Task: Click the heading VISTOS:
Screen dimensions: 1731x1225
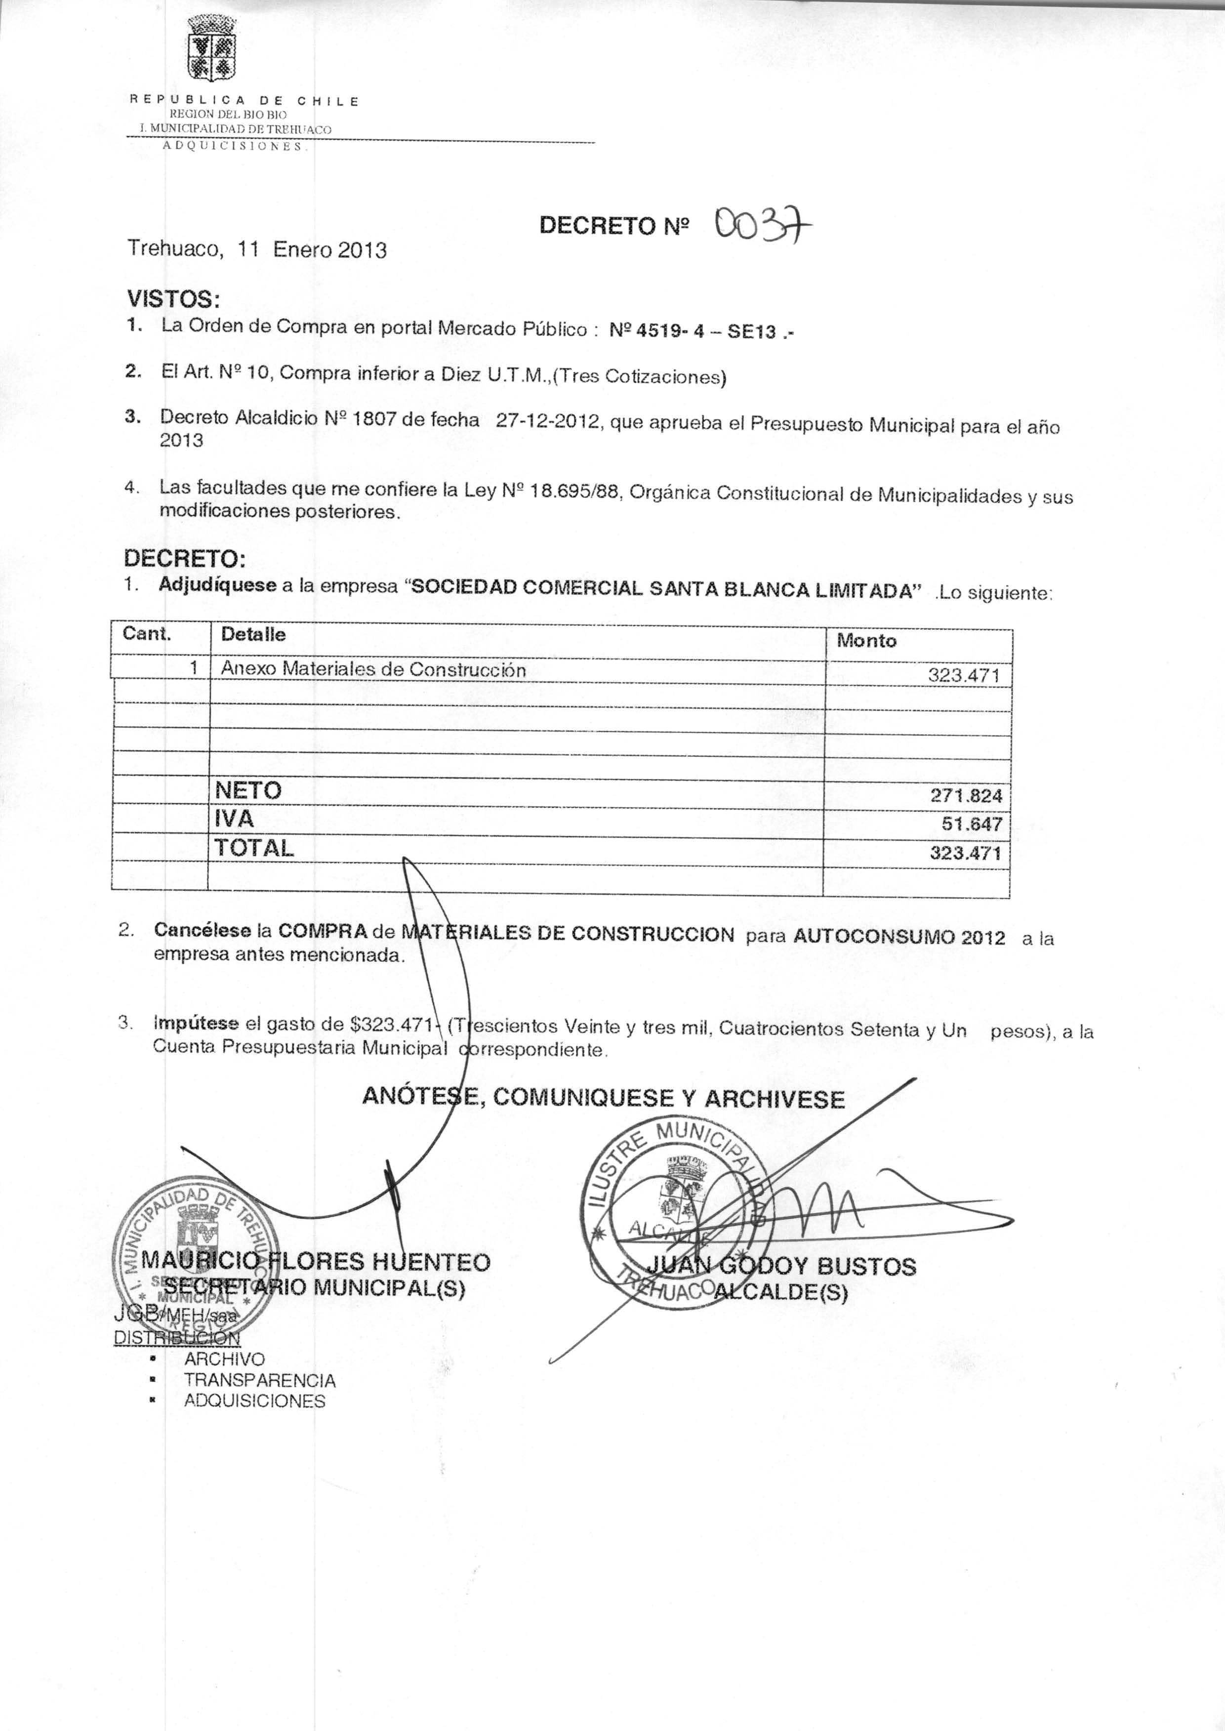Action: [173, 299]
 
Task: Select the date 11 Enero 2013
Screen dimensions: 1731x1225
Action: [312, 249]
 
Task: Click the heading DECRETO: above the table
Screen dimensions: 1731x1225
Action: [185, 559]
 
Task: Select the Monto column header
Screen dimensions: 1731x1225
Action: [867, 641]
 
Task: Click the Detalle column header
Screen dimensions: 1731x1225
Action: [253, 634]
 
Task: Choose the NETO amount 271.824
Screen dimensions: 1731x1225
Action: [967, 796]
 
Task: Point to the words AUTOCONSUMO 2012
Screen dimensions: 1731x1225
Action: [899, 937]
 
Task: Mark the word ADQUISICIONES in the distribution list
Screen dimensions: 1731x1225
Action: [255, 1401]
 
